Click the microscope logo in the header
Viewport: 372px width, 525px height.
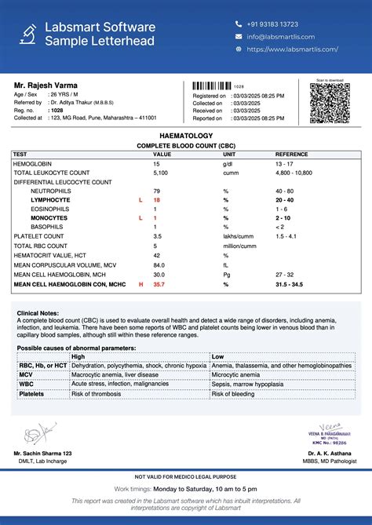pyautogui.click(x=27, y=33)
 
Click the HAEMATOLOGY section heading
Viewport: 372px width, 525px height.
pyautogui.click(x=186, y=136)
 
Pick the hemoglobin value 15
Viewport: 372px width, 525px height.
pyautogui.click(x=157, y=163)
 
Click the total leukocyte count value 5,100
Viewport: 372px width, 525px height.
pyautogui.click(x=160, y=173)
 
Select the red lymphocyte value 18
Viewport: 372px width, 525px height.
pyautogui.click(x=157, y=200)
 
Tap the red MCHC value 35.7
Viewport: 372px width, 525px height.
pyautogui.click(x=159, y=284)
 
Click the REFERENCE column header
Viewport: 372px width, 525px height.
pyautogui.click(x=291, y=155)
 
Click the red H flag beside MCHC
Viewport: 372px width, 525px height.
pyautogui.click(x=141, y=284)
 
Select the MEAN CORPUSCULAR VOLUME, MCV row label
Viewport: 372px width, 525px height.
pyautogui.click(x=59, y=265)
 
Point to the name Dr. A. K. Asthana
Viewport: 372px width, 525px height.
pyautogui.click(x=330, y=454)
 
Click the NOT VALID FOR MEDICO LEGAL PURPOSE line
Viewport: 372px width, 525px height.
pyautogui.click(x=186, y=477)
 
